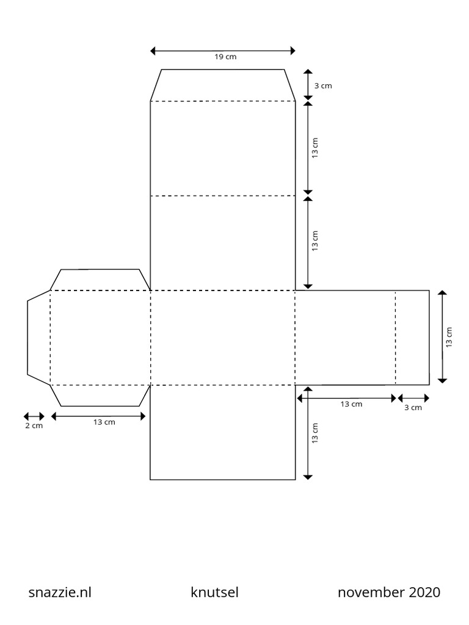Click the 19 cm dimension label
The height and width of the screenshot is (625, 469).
[x=225, y=57]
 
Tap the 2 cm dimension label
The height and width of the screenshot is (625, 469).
[x=34, y=425]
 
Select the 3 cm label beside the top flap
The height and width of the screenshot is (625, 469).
[x=323, y=85]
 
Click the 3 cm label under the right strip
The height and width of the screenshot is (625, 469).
[x=413, y=407]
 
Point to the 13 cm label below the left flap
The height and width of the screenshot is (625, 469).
[x=104, y=422]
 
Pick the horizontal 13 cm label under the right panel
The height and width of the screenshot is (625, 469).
[x=351, y=404]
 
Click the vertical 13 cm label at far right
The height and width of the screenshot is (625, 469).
[x=449, y=337]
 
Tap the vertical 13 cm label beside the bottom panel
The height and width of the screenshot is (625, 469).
[x=315, y=433]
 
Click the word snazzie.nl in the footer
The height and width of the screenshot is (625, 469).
[x=60, y=592]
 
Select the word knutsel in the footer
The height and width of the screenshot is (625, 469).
[x=214, y=592]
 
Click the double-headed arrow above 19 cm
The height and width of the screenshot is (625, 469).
[x=223, y=51]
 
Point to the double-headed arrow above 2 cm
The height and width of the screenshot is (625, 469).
[x=34, y=416]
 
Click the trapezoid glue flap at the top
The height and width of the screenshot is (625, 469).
[x=223, y=85]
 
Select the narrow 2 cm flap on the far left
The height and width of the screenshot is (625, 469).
[x=38, y=338]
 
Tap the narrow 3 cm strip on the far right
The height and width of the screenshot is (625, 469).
[x=412, y=338]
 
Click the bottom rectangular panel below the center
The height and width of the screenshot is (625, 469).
[x=223, y=433]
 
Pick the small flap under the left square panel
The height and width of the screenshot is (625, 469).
[x=100, y=396]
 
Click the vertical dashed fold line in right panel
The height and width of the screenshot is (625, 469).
[x=396, y=338]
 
